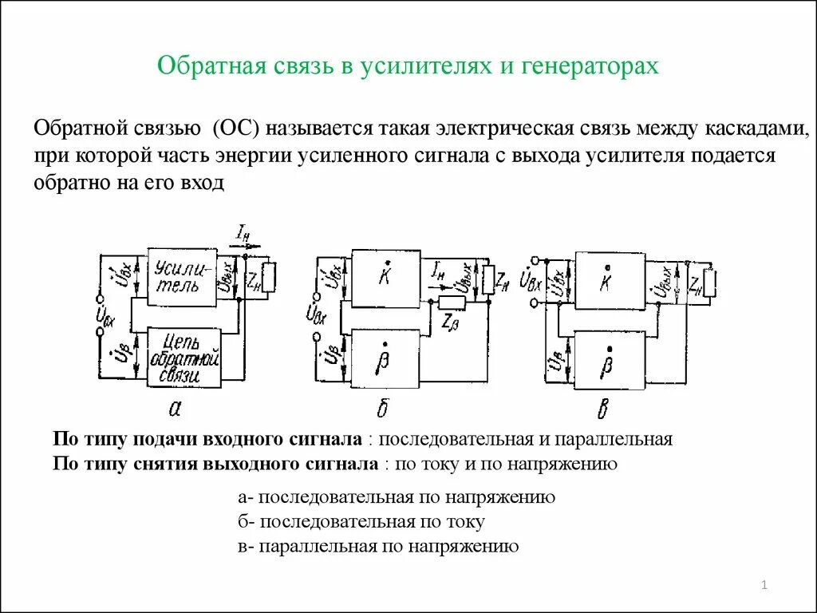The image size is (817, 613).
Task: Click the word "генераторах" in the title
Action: click(x=590, y=65)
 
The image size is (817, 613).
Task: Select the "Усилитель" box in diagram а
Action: click(x=184, y=276)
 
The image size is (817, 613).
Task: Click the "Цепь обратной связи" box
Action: click(x=184, y=357)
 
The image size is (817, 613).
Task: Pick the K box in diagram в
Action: click(x=610, y=279)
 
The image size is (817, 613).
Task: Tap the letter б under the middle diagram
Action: click(x=383, y=409)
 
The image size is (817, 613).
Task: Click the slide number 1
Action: click(x=764, y=587)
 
